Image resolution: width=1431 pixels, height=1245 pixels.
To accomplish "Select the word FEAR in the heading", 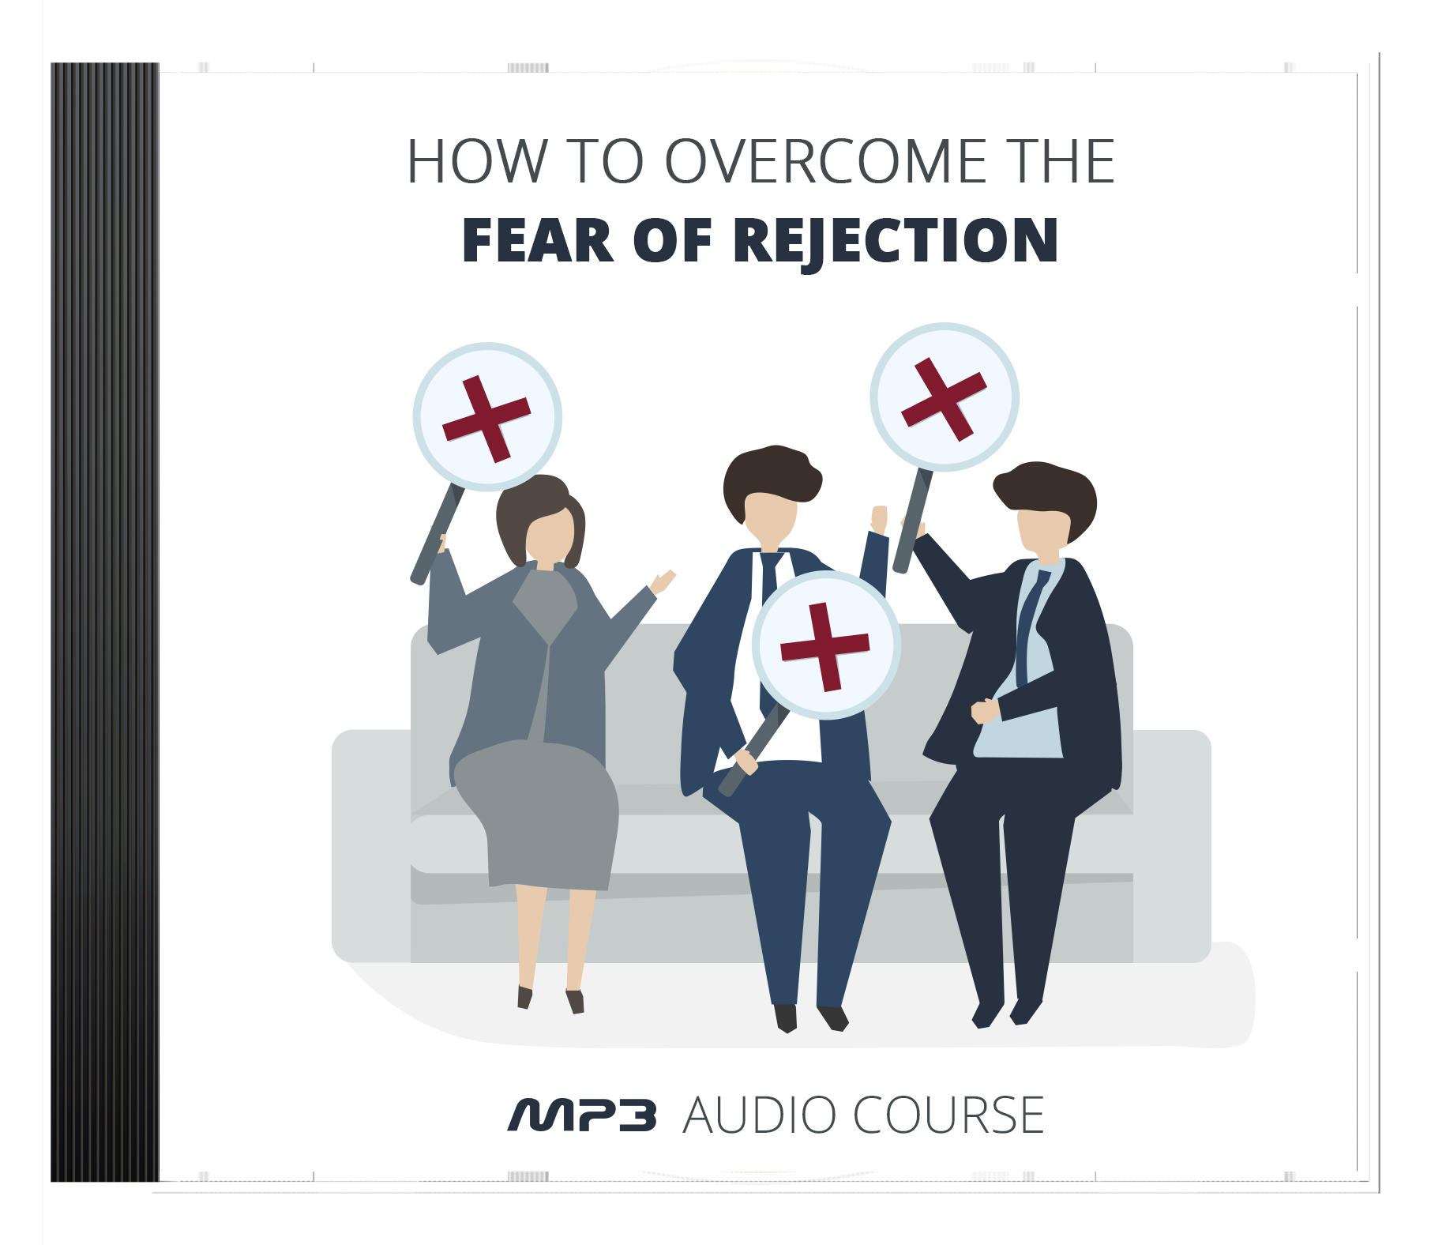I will [x=538, y=240].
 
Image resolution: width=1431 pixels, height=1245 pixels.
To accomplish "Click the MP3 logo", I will [x=582, y=1115].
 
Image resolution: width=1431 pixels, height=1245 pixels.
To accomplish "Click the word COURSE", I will [x=948, y=1115].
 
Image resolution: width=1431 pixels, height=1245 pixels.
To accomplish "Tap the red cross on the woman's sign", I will [x=486, y=418].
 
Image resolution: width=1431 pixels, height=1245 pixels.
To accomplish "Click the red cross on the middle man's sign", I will [x=825, y=646].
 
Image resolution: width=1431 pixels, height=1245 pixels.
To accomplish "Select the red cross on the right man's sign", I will [x=945, y=398].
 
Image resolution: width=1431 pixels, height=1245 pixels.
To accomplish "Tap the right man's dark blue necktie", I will [x=1030, y=624].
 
